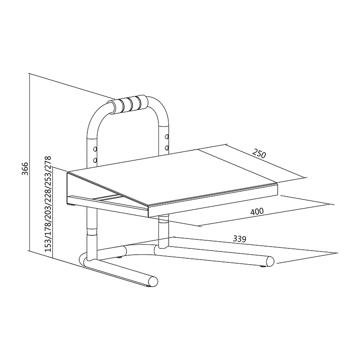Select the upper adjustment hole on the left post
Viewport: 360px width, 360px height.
click(95, 149)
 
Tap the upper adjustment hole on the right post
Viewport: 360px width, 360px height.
click(166, 136)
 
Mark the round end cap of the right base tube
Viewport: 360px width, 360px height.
click(270, 261)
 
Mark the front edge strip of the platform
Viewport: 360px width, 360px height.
click(211, 198)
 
